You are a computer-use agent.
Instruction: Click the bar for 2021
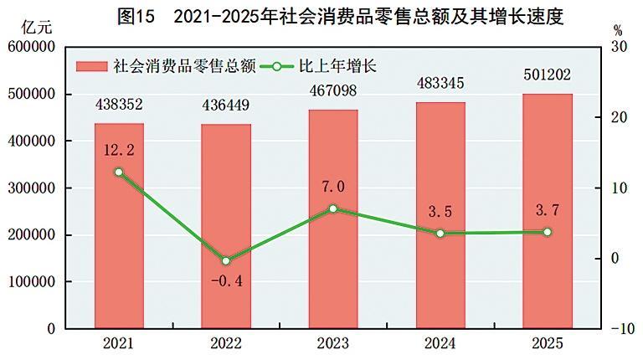tap(119, 226)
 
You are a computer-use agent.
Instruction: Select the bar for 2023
tap(333, 219)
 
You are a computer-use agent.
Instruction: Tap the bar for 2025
tap(548, 211)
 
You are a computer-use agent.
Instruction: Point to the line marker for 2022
tap(226, 261)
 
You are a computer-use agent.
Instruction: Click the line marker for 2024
tap(440, 234)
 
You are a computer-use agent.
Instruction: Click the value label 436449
tap(226, 106)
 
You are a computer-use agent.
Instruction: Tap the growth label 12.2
tap(119, 152)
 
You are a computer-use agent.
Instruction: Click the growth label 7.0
tap(333, 187)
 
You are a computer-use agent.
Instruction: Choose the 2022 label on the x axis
tap(226, 343)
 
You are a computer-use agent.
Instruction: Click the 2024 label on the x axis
tap(440, 343)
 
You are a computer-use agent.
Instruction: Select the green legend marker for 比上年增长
tap(276, 65)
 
